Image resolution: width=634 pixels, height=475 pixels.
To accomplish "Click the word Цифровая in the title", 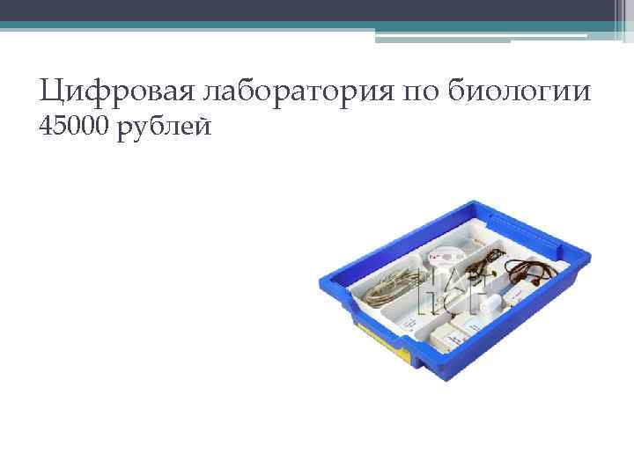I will (x=105, y=91).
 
